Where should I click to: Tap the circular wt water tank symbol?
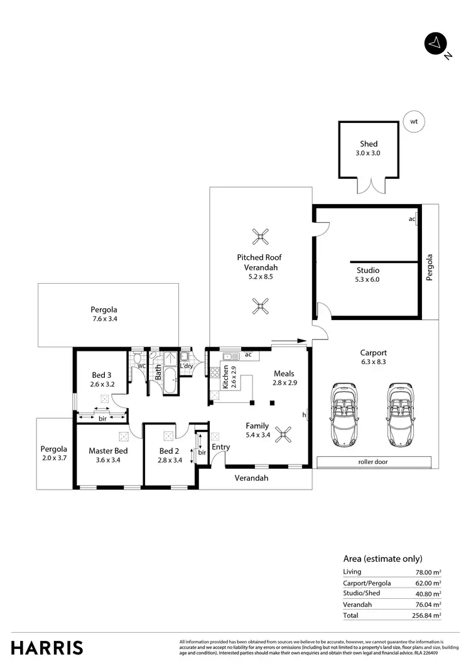click(413, 121)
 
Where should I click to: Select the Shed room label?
click(369, 144)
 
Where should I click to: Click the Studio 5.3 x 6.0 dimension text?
click(368, 280)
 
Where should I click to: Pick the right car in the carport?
click(400, 415)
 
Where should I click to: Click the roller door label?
click(375, 462)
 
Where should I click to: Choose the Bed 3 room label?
click(101, 375)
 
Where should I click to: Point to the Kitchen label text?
click(225, 377)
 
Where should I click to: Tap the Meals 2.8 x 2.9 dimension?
click(284, 382)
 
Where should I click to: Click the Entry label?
click(220, 447)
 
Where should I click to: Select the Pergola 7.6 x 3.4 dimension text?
click(104, 319)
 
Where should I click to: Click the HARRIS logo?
click(47, 647)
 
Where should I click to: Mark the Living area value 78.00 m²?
click(428, 572)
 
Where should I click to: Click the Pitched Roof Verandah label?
click(259, 262)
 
